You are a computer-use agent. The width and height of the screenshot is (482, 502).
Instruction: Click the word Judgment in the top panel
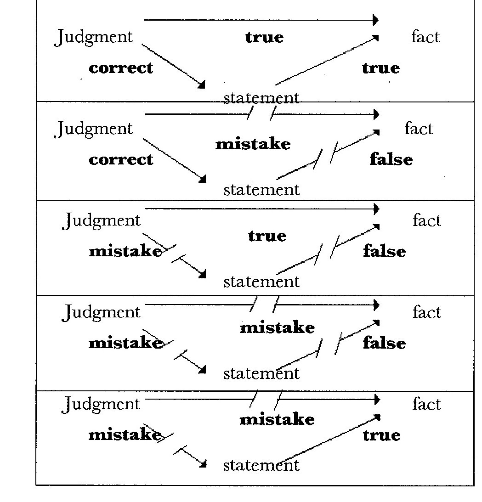tap(94, 37)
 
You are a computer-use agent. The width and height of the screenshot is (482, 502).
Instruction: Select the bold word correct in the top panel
tap(121, 68)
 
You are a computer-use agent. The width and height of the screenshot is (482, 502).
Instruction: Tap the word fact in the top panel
tap(425, 37)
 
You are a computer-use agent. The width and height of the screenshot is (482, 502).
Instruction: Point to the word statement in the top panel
tap(261, 97)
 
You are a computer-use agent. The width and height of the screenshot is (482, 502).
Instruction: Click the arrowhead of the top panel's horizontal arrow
tap(375, 20)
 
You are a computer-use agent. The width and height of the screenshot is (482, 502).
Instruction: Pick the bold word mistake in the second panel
tap(253, 144)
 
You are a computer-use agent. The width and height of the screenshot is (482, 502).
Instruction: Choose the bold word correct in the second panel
tap(121, 159)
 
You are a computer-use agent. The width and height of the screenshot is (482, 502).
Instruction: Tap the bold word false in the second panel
tap(391, 159)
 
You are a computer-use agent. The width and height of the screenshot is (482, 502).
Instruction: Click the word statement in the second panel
tap(261, 189)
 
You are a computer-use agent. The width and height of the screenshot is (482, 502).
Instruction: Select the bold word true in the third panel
tap(267, 236)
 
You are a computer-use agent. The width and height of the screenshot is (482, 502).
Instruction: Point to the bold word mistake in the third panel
tap(125, 251)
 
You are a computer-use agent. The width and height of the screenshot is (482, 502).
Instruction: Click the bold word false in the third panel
tap(385, 251)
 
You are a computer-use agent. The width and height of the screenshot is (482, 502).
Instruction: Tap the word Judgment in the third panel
tap(102, 221)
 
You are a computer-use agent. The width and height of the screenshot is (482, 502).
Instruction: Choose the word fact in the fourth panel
tap(426, 312)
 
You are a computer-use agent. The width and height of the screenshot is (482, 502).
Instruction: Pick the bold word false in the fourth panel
tap(385, 343)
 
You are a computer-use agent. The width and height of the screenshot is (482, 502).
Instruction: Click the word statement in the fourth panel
tap(261, 373)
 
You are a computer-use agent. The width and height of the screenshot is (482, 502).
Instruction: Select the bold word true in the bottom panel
tap(381, 435)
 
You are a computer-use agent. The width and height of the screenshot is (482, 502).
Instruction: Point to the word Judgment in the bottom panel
tap(101, 405)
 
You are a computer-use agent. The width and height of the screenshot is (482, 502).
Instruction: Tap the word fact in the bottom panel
tap(426, 404)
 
